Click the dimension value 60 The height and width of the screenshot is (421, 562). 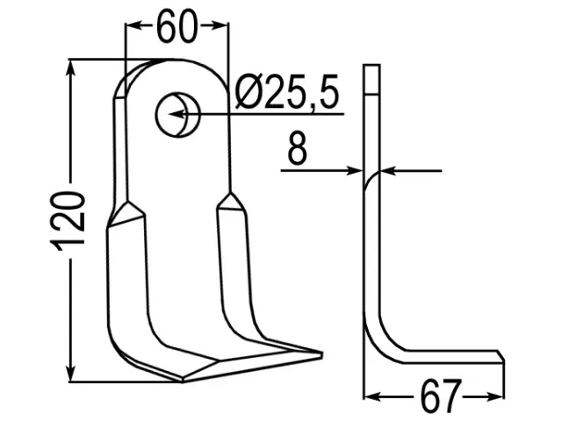click(177, 25)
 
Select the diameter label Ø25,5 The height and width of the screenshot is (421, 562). click(287, 92)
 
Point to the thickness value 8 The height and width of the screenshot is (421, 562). click(298, 148)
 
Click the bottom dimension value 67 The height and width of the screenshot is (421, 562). click(440, 396)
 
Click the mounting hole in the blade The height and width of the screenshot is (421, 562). click(178, 114)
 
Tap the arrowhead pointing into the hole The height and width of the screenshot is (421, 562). click(177, 114)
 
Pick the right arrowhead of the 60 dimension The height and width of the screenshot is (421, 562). click(219, 25)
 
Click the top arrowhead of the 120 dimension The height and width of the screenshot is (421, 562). click(71, 68)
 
